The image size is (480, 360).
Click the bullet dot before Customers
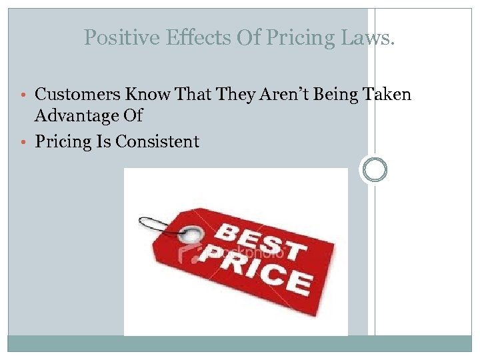tap(27, 95)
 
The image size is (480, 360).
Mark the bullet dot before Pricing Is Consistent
tap(27, 142)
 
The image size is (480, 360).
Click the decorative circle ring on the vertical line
tap(375, 170)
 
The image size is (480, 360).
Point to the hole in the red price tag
tap(193, 235)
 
